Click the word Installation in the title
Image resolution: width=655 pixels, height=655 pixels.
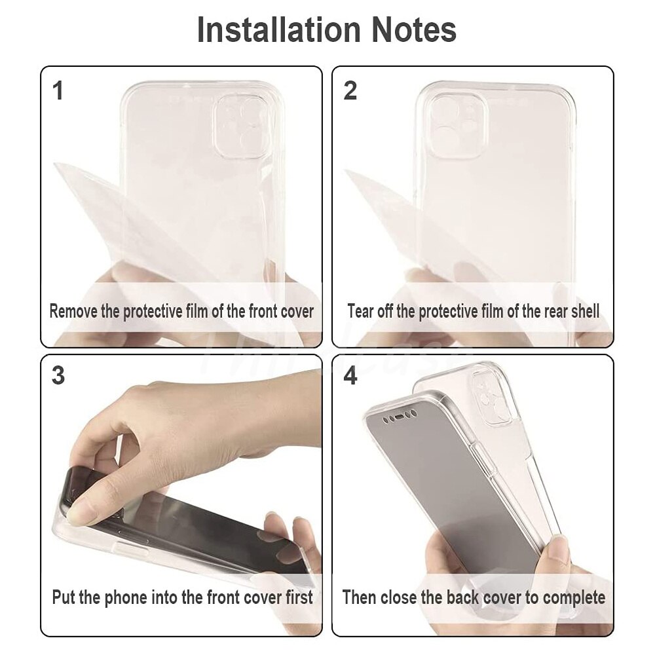click(278, 29)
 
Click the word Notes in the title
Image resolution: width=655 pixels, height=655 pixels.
click(414, 29)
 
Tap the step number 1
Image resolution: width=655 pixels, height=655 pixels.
click(58, 90)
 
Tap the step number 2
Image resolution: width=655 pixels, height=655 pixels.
click(350, 90)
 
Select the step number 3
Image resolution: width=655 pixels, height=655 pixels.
click(58, 375)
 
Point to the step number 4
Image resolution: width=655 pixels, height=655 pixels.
click(350, 375)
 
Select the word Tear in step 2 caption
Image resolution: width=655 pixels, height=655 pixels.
click(360, 311)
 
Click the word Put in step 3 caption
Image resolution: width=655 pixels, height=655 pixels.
click(64, 597)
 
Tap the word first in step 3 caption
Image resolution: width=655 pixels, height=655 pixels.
click(299, 597)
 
